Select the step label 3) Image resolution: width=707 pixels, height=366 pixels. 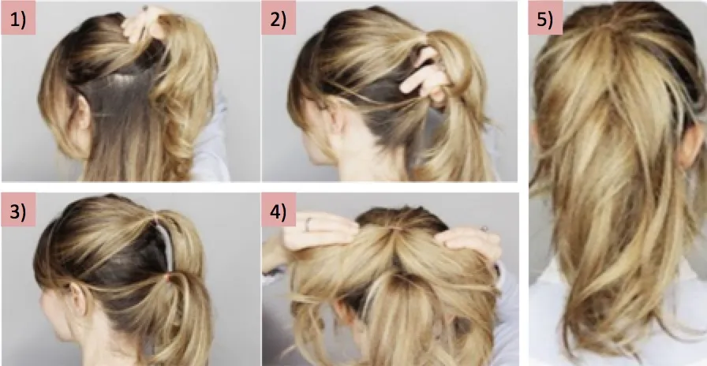pos(18,210)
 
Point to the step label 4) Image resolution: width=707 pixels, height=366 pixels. pos(279,210)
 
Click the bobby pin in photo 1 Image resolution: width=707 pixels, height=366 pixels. pos(144,8)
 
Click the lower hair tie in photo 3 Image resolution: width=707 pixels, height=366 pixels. pos(168,276)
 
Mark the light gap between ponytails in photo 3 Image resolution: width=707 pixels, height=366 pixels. pos(166,245)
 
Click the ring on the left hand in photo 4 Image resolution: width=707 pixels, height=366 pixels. pos(308,224)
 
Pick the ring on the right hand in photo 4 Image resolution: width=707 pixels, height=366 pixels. pos(484,229)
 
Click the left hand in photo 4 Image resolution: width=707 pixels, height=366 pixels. pos(316,231)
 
